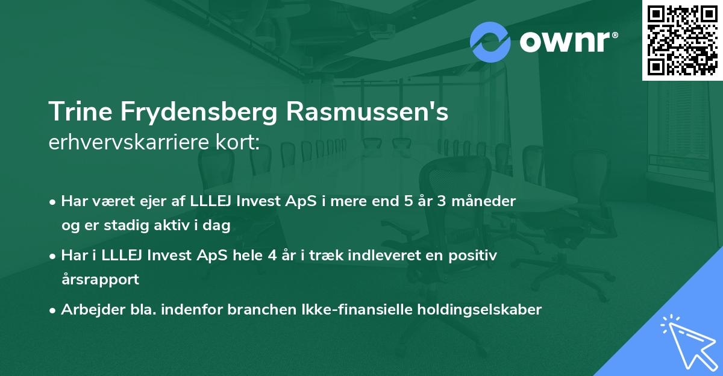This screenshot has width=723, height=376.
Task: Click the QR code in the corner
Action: pos(683,40)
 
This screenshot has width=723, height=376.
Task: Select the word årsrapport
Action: pos(100,280)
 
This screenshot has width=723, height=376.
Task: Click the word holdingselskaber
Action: pos(477,310)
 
